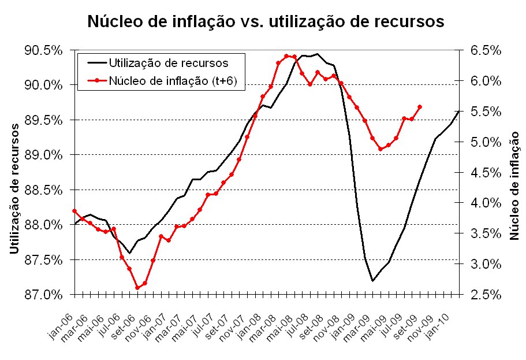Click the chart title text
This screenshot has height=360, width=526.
[265, 21]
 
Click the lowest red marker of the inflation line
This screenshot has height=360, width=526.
[137, 288]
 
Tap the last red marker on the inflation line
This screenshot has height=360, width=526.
[419, 107]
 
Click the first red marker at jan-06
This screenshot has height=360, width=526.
[74, 211]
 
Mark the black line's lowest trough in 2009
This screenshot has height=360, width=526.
[372, 281]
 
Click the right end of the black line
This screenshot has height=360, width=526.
[458, 111]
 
